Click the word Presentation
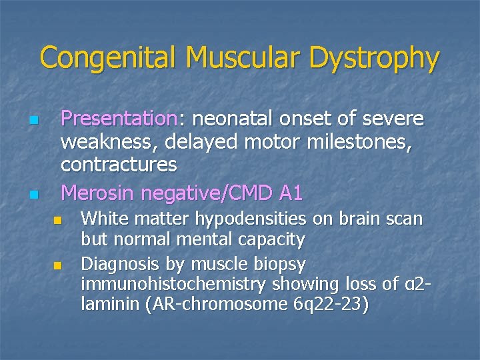(118, 119)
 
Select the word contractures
(119, 163)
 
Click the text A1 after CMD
(291, 193)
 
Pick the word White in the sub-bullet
(101, 219)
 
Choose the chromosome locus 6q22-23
(326, 305)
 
